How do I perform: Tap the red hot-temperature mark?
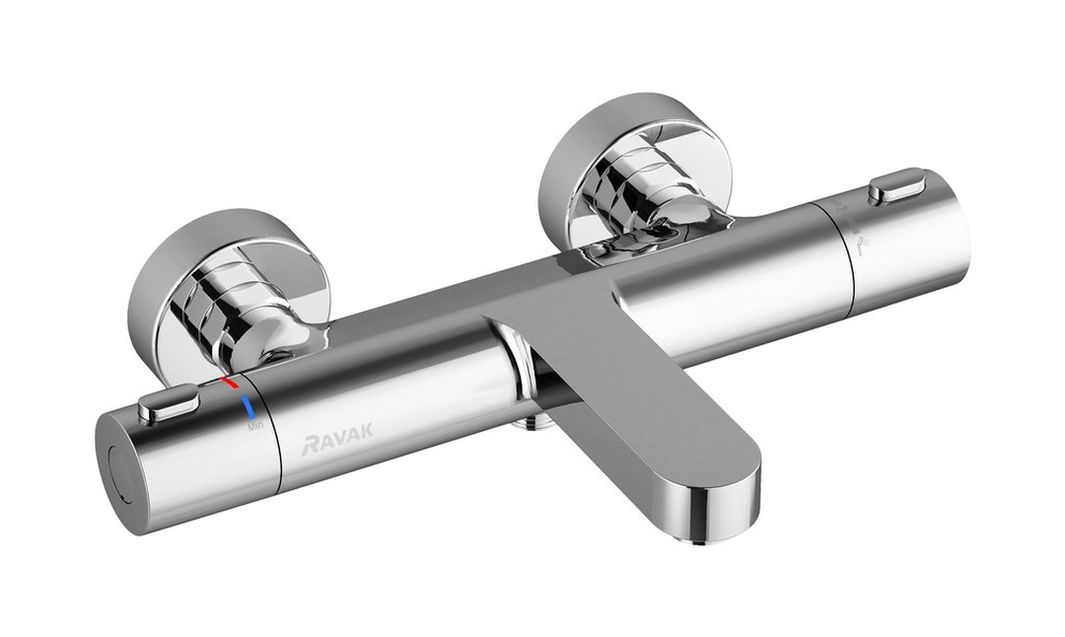click(x=230, y=381)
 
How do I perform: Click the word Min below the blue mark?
click(x=255, y=426)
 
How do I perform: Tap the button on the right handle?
click(x=895, y=184)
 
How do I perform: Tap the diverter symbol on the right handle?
click(x=863, y=243)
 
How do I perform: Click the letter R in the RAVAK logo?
click(x=307, y=448)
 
